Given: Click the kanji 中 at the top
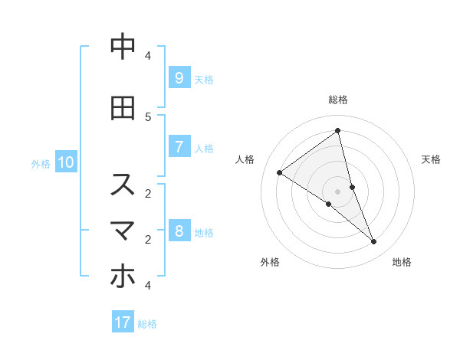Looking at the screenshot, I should click(123, 47).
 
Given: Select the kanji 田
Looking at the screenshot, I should click(123, 108).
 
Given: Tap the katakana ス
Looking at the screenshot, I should click(123, 185).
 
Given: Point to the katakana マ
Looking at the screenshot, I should click(123, 231).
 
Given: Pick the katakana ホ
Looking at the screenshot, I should click(123, 277).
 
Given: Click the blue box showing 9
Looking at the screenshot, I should click(179, 77).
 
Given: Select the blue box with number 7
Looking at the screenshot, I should click(179, 147).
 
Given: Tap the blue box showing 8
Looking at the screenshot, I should click(179, 231).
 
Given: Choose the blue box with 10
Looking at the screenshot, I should click(65, 162).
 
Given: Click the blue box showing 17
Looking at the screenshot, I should click(123, 322).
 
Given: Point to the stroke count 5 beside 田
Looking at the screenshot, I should click(148, 116).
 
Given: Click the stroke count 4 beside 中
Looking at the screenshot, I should click(148, 56).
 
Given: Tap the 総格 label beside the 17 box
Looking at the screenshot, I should click(147, 324).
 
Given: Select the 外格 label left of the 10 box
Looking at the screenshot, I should click(41, 163).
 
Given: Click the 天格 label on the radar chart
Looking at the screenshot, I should click(431, 159).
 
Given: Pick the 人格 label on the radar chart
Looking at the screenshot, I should click(245, 159).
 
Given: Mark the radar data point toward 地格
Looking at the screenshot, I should click(374, 242).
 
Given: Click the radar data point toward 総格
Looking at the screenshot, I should click(337, 130).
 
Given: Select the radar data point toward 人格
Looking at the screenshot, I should click(279, 172).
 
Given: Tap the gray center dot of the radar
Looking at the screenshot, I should click(337, 191).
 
